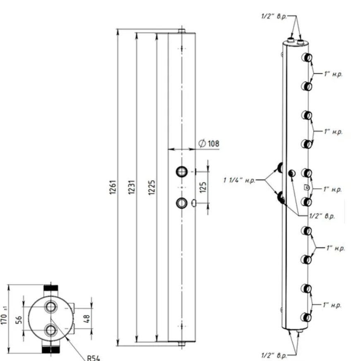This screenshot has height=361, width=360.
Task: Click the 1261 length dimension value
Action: point(113,187)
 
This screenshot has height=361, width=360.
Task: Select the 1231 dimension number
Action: point(132,187)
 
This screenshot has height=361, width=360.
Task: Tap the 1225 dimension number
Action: point(152,188)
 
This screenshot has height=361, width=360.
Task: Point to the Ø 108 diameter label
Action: point(209,143)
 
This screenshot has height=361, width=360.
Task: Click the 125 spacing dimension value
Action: point(203,188)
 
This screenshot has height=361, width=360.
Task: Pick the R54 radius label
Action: point(94,358)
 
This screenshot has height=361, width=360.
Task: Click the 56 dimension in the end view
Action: point(19,320)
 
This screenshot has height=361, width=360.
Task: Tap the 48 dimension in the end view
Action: point(86,319)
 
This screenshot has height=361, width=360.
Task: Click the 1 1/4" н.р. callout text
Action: point(240,180)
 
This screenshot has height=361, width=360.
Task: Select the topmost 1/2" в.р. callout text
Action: point(274,16)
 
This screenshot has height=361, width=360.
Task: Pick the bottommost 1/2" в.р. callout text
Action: point(274,355)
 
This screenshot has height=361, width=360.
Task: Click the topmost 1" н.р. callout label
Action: point(333,74)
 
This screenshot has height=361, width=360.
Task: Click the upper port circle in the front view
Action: point(182,172)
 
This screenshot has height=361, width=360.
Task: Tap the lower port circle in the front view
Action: point(182,203)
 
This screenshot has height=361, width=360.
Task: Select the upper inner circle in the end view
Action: point(50,307)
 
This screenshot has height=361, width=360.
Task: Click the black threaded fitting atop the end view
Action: point(51,288)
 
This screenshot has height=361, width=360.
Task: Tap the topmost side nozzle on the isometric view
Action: point(307,58)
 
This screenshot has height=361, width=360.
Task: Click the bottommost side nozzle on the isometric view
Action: point(306,318)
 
